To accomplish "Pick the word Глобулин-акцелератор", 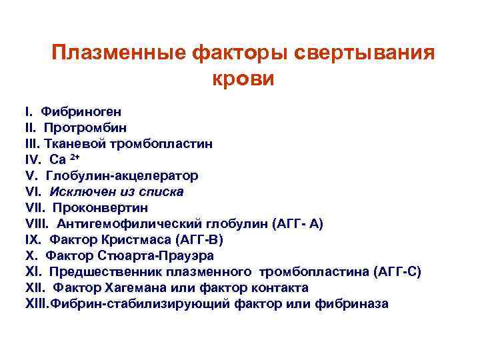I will click(x=122, y=176).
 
